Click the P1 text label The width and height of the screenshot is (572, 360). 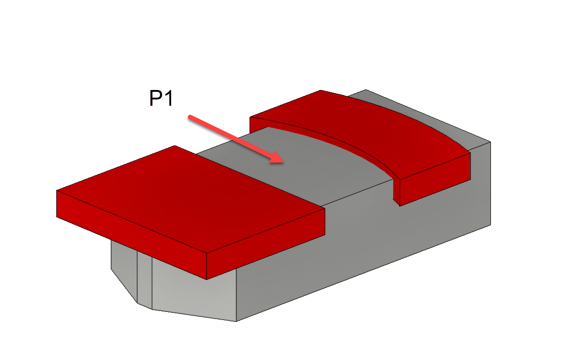(x=161, y=99)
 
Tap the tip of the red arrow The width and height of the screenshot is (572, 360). (x=282, y=162)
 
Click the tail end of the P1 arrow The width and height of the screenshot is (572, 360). (x=190, y=117)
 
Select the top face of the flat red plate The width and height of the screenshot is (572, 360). (x=189, y=198)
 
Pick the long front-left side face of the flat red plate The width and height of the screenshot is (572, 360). (x=131, y=234)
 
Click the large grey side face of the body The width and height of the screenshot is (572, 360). (x=369, y=243)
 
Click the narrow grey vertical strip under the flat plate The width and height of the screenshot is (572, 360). (x=144, y=279)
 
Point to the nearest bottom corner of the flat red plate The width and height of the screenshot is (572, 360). (x=206, y=279)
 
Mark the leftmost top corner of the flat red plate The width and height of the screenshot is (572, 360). (x=57, y=190)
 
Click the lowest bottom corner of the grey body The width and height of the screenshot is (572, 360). (x=236, y=321)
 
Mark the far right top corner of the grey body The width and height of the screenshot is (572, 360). (x=490, y=142)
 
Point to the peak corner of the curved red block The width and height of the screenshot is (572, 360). (x=320, y=90)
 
